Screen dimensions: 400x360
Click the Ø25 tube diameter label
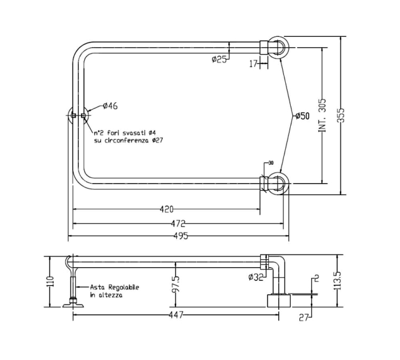coord(219,59)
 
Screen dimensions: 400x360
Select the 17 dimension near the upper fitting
coord(254,63)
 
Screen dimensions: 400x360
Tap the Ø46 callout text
coord(110,105)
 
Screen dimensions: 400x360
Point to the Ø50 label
coord(302,116)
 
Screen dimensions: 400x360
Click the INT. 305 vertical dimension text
coord(322,115)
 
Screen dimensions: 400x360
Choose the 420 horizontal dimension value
coord(166,209)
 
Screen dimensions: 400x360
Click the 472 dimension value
coord(178,224)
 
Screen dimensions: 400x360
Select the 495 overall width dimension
coord(181,236)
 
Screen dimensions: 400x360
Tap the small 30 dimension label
coord(271,163)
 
